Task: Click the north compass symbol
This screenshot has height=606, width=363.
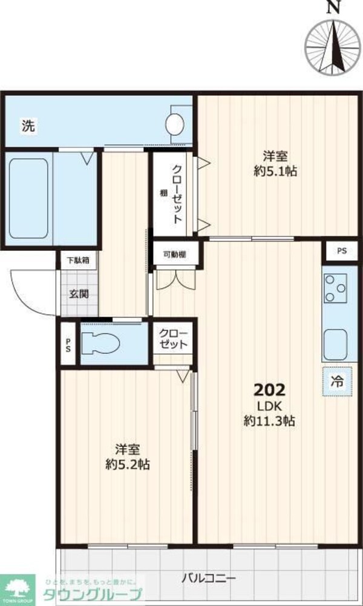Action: (x=330, y=44)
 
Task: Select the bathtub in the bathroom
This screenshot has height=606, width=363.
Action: (x=28, y=198)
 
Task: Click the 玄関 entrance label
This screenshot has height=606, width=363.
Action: (x=78, y=295)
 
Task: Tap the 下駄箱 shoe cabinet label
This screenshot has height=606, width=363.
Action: (x=77, y=261)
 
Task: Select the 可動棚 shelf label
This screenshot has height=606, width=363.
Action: (x=174, y=255)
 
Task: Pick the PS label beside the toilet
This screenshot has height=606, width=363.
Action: (x=68, y=346)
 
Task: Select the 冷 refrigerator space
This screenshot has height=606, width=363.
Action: (x=336, y=381)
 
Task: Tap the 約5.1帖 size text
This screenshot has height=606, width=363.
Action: (x=275, y=171)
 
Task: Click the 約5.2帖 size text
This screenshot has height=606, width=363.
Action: (x=128, y=465)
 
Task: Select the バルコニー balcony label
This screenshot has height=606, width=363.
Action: (x=208, y=577)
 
